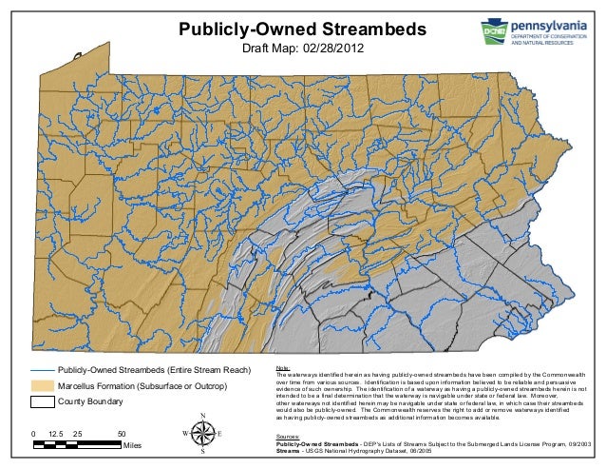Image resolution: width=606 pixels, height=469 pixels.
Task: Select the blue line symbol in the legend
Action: pyautogui.click(x=42, y=370)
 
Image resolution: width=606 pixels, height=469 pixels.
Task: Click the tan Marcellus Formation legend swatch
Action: pyautogui.click(x=42, y=386)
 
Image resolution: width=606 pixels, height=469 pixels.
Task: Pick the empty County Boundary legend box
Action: pyautogui.click(x=42, y=402)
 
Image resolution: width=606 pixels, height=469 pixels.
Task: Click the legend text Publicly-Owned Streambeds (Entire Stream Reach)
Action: pyautogui.click(x=153, y=370)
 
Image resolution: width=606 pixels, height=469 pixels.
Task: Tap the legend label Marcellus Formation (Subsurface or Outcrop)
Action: pyautogui.click(x=142, y=386)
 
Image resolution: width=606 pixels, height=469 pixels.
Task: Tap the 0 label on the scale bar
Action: pyautogui.click(x=33, y=433)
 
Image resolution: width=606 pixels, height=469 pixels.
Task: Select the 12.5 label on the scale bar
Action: pyautogui.click(x=55, y=433)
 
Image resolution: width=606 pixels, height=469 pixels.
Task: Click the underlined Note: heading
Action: pyautogui.click(x=282, y=368)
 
